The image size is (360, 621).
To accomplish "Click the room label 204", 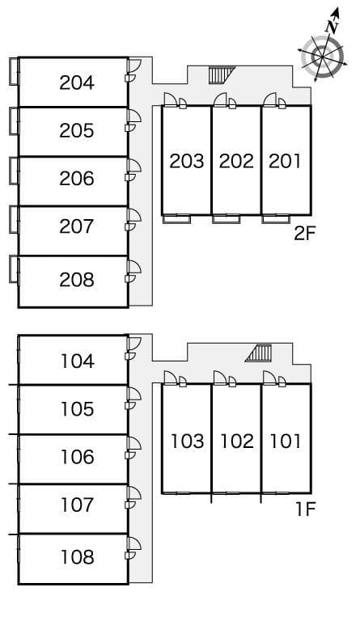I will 77,82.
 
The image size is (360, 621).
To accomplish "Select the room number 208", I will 77,280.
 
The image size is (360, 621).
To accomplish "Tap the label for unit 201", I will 285,161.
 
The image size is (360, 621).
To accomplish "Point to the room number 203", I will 186,161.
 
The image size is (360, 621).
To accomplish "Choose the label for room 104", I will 77,361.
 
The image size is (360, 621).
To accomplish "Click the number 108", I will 77,557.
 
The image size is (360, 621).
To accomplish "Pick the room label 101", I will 285,441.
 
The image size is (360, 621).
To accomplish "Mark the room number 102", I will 236,441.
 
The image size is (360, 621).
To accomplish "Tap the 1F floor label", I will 305,510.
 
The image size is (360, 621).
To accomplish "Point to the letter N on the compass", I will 331,24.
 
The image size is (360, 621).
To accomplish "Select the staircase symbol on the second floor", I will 218,75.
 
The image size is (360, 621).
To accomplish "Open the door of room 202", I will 220,99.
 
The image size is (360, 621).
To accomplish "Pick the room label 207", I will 77,226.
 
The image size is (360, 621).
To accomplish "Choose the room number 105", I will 77,409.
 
